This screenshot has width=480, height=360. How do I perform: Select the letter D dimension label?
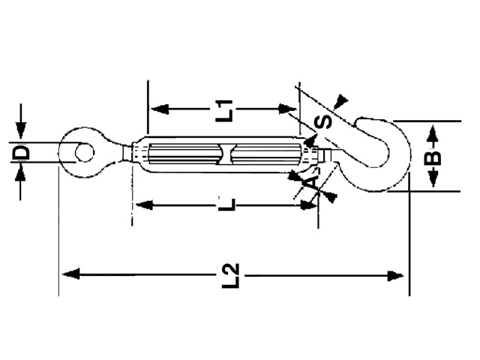(22, 154)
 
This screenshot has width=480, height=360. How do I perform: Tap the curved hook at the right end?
(390, 150)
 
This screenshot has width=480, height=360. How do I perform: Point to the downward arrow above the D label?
(22, 131)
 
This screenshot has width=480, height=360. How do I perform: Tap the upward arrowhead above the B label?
(433, 135)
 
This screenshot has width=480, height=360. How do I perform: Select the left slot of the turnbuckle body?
(184, 155)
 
